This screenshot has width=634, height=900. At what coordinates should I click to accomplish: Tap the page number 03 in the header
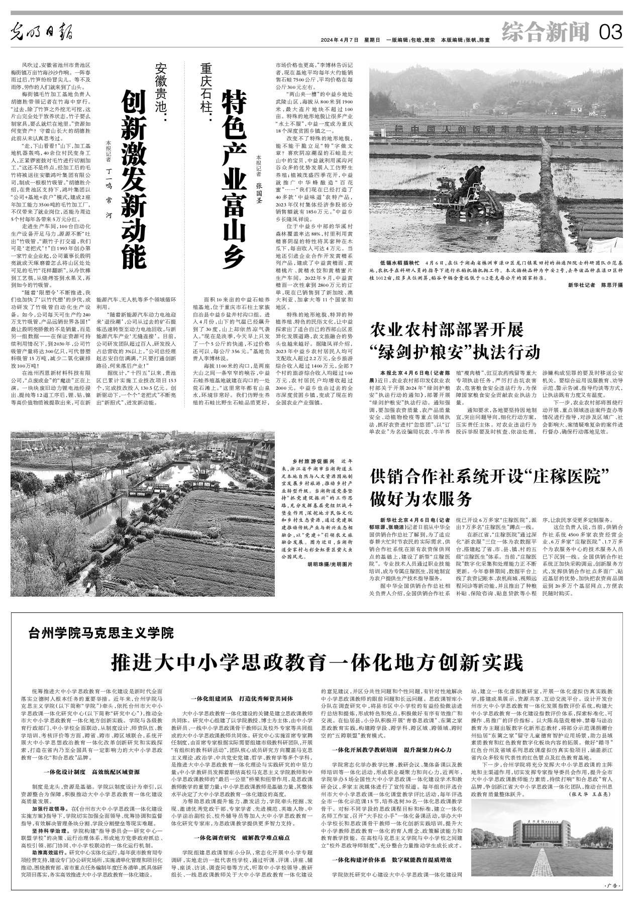coord(610,32)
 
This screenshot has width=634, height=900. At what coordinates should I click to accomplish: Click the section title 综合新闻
coord(545,32)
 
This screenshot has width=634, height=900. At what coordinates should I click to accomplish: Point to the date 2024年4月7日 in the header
coord(340,40)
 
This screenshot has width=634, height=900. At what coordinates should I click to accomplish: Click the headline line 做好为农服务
coord(421,499)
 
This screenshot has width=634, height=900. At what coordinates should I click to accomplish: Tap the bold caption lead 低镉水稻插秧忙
coord(399,263)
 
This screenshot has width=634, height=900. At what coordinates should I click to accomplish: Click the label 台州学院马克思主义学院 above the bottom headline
coord(101,632)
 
